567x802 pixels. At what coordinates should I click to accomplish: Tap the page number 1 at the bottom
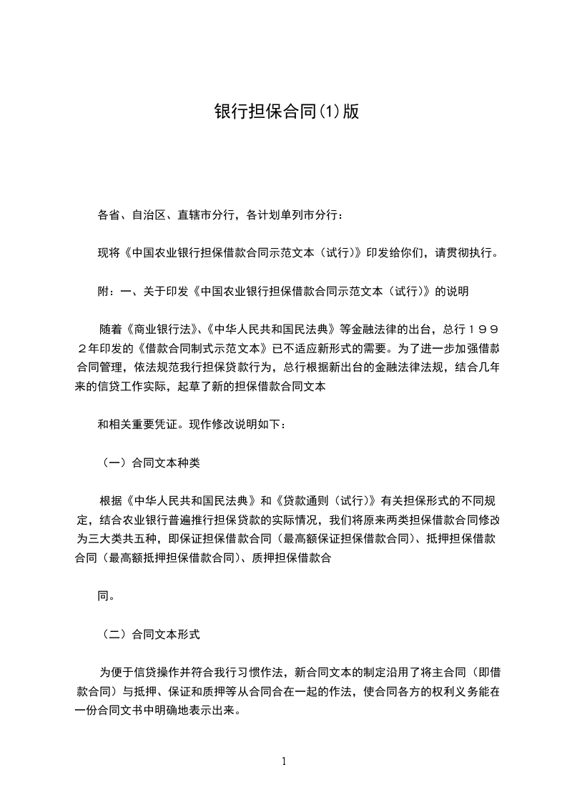pos(284,761)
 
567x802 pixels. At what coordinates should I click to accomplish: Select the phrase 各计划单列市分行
pos(294,214)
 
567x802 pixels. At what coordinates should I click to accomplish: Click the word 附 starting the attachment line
pos(104,291)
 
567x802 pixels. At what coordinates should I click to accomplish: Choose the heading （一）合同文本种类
pos(149,462)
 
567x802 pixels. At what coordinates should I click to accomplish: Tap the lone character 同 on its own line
pos(104,595)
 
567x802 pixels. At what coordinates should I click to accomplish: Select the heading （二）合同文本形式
pos(149,633)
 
